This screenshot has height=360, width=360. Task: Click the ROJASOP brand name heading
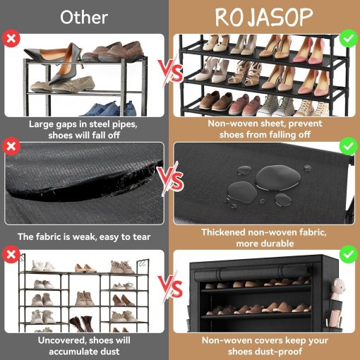pos(264,17)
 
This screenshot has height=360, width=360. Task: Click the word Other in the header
pos(84,18)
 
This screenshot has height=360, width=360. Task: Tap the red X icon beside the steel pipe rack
pos(11,38)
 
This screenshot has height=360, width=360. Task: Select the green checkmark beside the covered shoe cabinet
pos(349,254)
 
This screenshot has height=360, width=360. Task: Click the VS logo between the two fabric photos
pos(171,179)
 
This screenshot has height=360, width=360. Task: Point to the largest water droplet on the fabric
pos(278,178)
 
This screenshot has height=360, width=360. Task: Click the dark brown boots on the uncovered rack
pos(81,324)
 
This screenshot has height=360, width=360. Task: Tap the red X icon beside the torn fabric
pos(11,146)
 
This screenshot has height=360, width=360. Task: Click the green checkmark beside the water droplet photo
pos(349,146)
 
